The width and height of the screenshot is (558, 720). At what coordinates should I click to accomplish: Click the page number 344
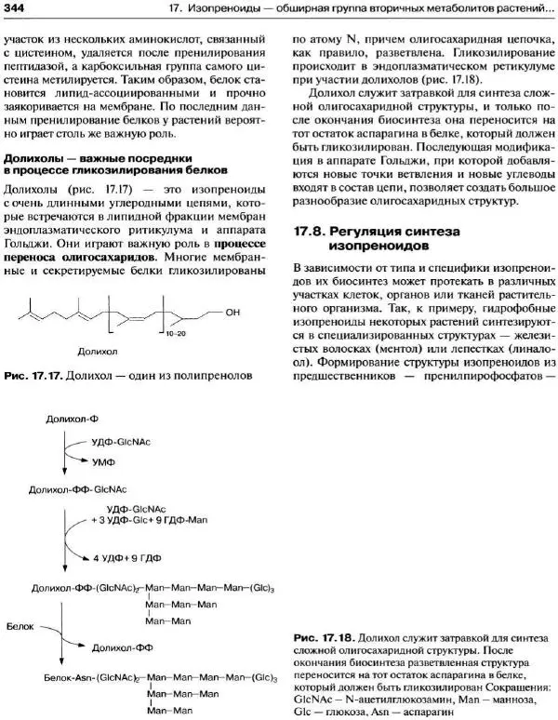pyautogui.click(x=16, y=8)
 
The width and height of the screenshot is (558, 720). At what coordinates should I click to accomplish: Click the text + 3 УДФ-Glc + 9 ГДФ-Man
pyautogui.click(x=153, y=521)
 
